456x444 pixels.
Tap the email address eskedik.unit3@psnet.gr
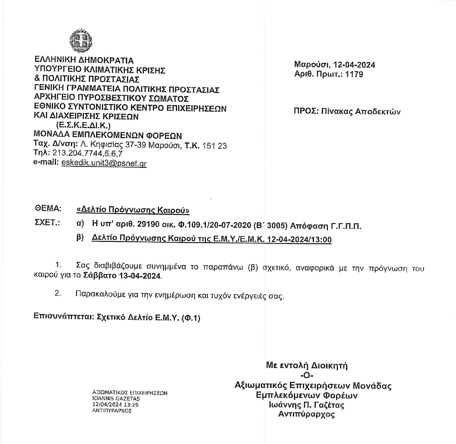click(x=104, y=163)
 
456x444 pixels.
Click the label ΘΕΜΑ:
click(x=47, y=208)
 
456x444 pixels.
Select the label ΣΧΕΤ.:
click(x=47, y=223)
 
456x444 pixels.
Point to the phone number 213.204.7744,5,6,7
click(x=88, y=154)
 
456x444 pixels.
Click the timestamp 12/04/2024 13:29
click(x=115, y=405)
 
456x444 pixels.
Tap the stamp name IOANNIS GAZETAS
click(x=116, y=399)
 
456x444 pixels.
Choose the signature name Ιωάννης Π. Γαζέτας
click(x=307, y=405)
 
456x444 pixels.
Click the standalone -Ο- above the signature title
click(x=307, y=376)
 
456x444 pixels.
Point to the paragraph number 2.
click(x=57, y=293)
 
